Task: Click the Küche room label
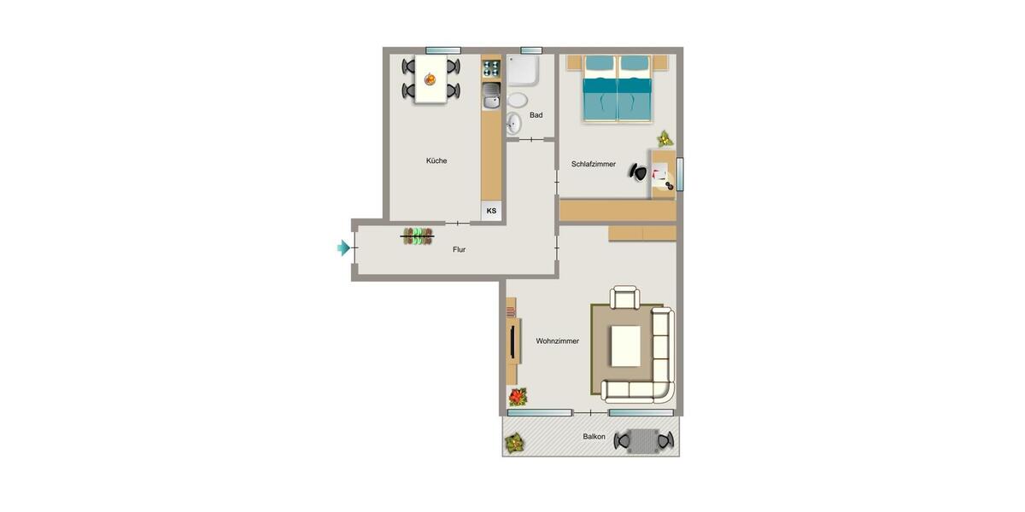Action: coord(436,160)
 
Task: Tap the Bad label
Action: coord(536,115)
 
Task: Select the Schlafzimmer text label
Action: coord(594,165)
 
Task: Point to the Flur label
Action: coord(459,250)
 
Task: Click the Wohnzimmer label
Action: coord(557,341)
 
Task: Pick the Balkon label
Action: coord(594,437)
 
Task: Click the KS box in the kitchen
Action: coord(491,211)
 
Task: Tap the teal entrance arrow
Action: coord(343,247)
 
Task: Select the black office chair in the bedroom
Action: coord(638,172)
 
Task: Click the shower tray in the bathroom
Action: coord(523,71)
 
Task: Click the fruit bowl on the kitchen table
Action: coord(430,79)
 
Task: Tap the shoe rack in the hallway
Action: coord(418,236)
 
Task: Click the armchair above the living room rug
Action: coord(624,298)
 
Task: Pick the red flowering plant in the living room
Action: coord(518,396)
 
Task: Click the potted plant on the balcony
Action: coord(514,442)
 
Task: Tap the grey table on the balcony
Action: coord(644,441)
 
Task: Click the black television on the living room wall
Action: coord(512,340)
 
